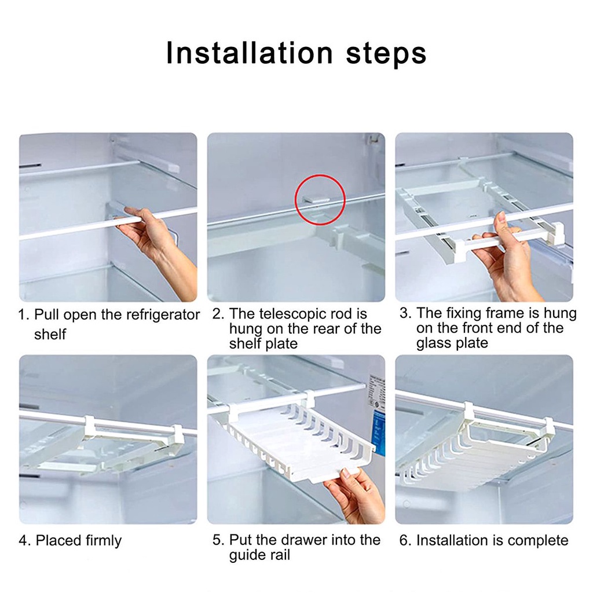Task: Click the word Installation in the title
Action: pos(249,53)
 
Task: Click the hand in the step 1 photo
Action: pos(148,232)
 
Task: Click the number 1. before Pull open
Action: pos(24,316)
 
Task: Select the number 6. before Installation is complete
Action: pos(405,541)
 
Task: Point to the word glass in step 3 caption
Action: pos(433,343)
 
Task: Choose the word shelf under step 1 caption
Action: pos(50,335)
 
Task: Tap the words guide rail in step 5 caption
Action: pos(259,555)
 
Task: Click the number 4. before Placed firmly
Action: pos(24,541)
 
